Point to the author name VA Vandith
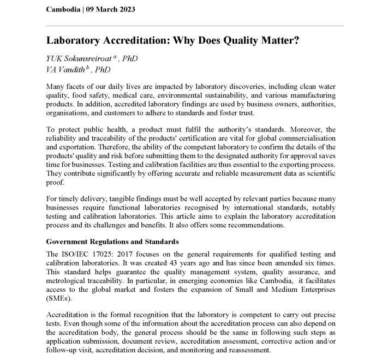point(67,69)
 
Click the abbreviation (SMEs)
point(58,298)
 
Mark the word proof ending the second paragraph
point(55,184)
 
